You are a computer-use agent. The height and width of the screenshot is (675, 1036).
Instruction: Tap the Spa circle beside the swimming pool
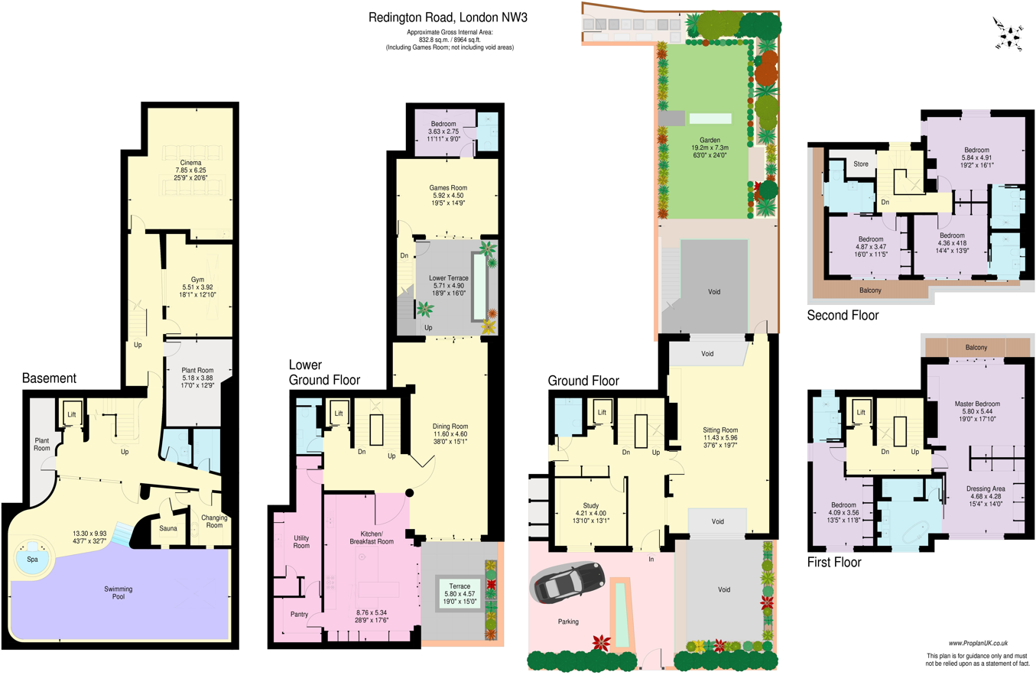tap(32, 559)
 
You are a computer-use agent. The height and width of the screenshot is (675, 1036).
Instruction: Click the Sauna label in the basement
tap(168, 528)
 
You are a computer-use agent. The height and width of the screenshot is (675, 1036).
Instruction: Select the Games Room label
tap(448, 187)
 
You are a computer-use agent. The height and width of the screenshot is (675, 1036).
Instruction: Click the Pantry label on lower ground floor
tap(300, 614)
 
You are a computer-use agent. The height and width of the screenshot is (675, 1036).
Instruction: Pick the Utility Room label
tap(301, 542)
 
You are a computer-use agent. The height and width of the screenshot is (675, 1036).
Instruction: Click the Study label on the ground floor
tap(590, 505)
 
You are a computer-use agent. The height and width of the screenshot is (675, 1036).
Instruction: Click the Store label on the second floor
tap(861, 163)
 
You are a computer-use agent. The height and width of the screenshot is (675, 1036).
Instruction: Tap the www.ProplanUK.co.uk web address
tap(983, 644)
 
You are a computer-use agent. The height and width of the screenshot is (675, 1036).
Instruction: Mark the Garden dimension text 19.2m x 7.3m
tap(710, 148)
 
